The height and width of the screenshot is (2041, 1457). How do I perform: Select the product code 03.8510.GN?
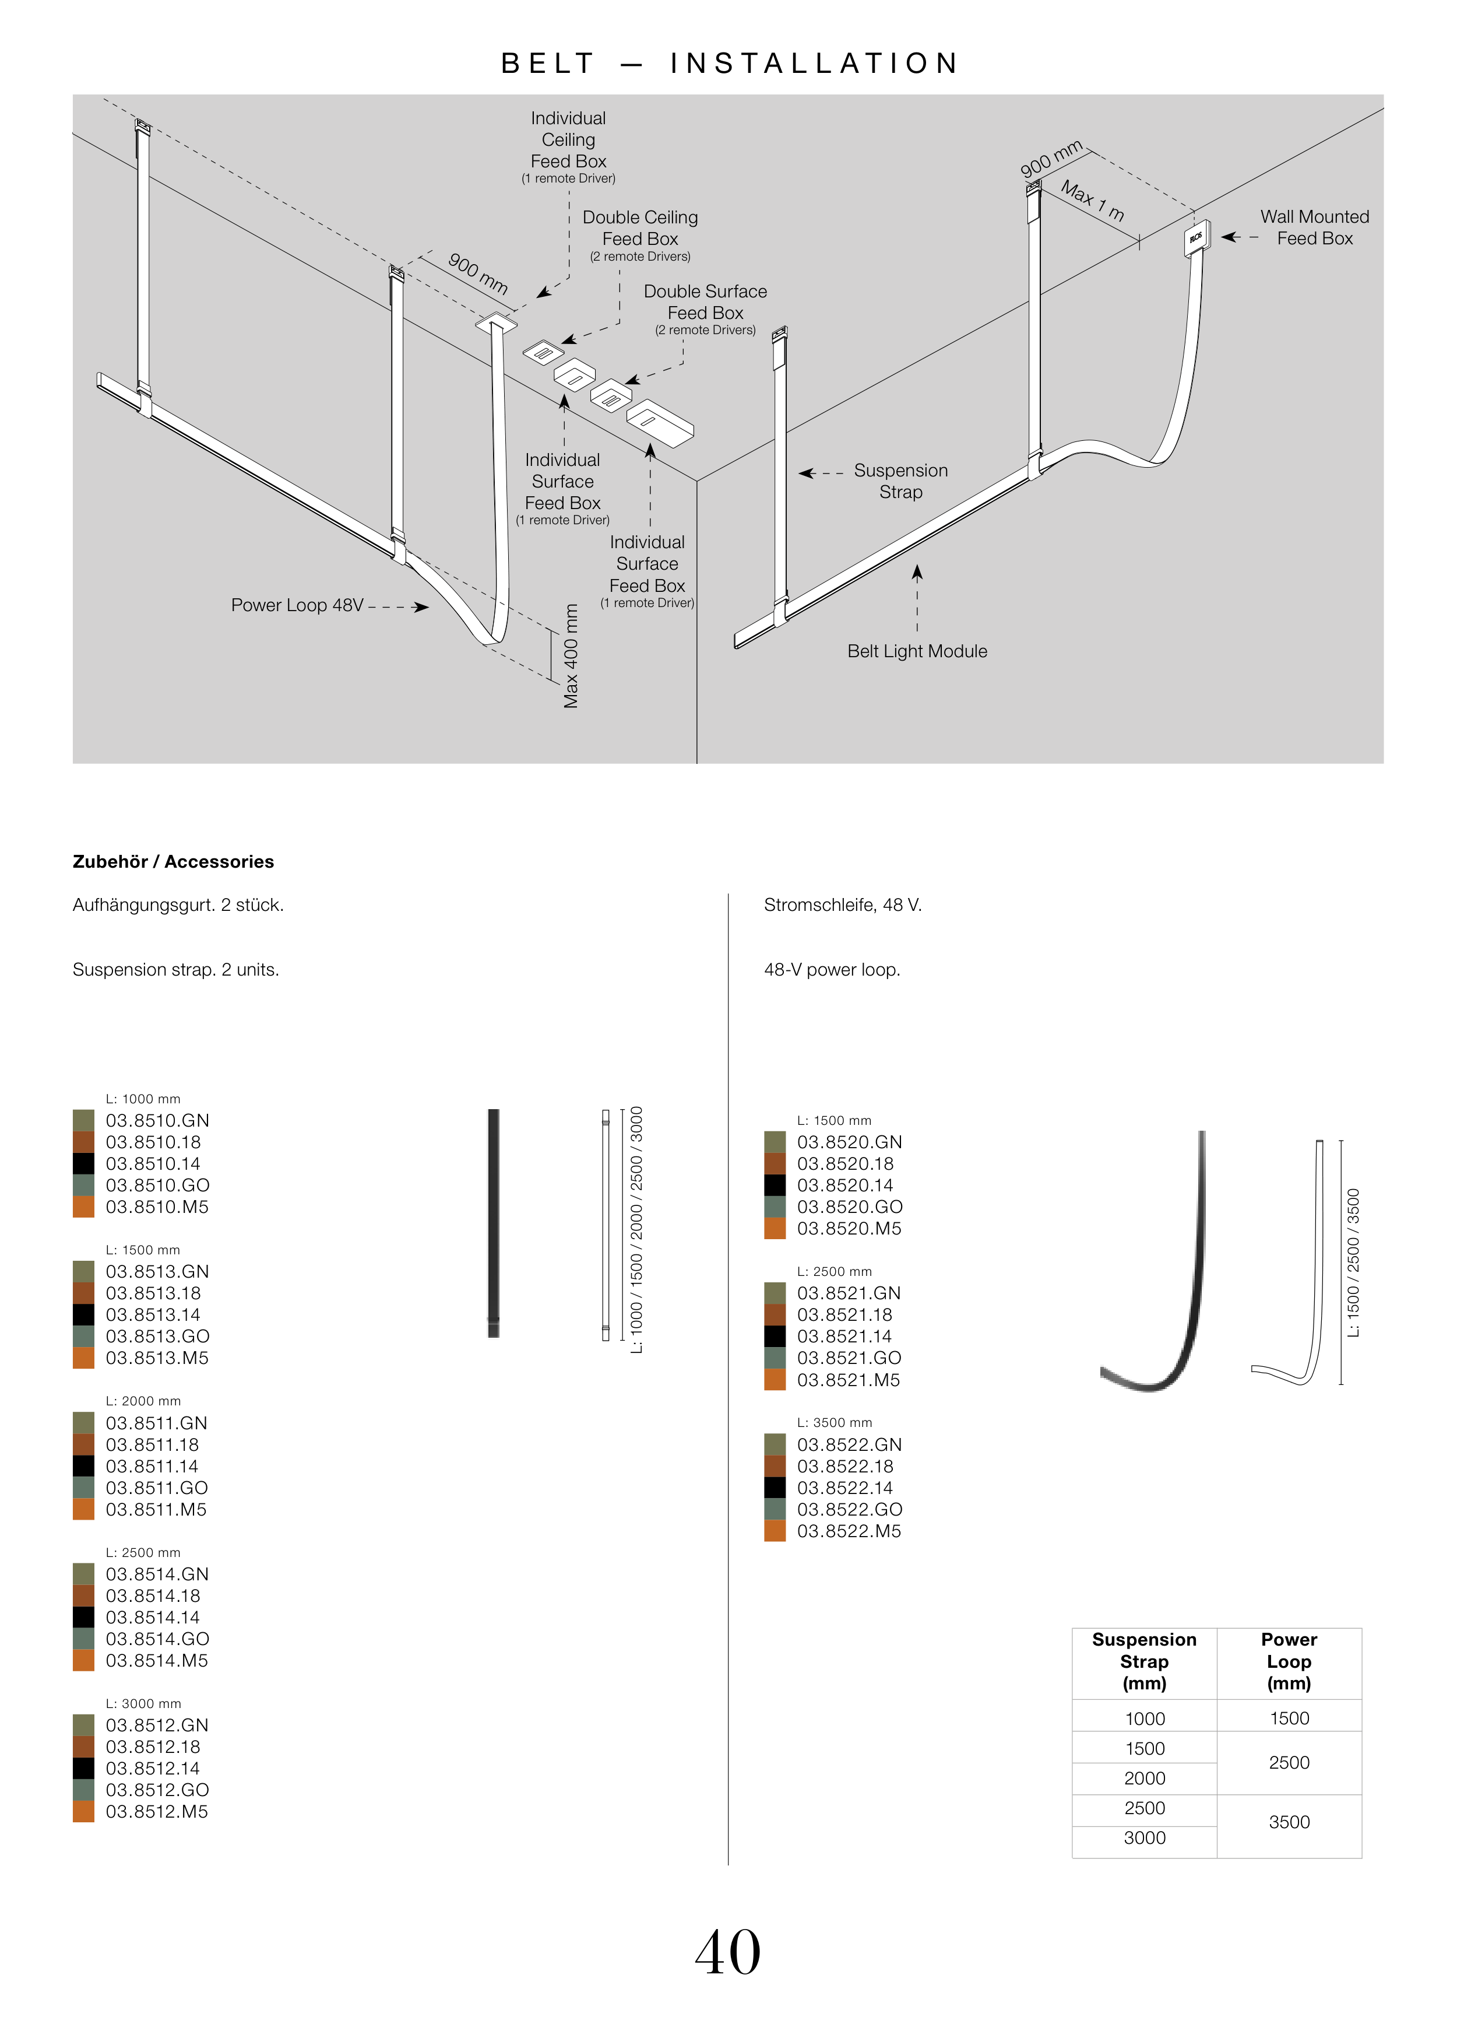click(x=157, y=1120)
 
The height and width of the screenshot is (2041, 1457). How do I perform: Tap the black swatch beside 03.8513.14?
click(x=83, y=1314)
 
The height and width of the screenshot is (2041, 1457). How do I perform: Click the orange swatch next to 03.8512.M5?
click(x=83, y=1811)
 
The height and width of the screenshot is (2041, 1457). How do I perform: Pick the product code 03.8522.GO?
click(x=849, y=1509)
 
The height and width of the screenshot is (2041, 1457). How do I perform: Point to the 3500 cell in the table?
click(x=1289, y=1821)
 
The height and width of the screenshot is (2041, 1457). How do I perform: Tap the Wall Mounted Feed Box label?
click(x=1314, y=227)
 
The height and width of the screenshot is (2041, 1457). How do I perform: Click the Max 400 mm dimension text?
click(x=571, y=655)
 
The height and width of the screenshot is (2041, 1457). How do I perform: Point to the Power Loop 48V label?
click(x=297, y=605)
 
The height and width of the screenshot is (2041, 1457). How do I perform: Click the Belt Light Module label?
click(x=917, y=651)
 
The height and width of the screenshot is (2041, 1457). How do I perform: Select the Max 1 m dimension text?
click(x=1092, y=200)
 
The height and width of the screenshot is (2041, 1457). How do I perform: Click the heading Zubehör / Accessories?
click(x=173, y=862)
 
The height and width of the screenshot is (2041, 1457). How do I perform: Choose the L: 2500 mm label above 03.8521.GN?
click(x=833, y=1271)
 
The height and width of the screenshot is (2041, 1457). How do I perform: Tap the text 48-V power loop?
click(x=832, y=969)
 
